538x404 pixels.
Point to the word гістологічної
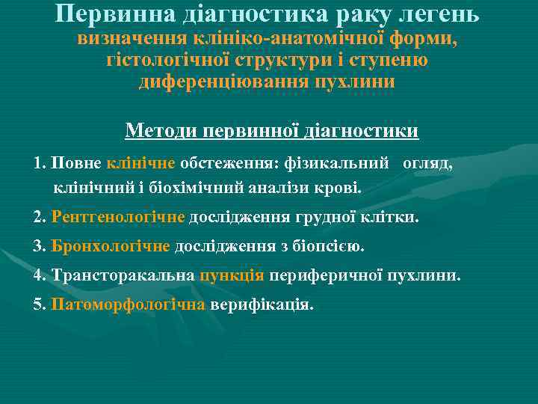pos(167,60)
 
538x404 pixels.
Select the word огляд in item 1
pos(427,162)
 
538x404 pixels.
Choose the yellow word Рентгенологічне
pos(118,218)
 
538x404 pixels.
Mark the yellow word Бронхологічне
pos(111,246)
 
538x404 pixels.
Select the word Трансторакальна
pos(123,275)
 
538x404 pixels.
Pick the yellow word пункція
pos(232,275)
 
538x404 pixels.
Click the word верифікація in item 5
pos(262,304)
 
